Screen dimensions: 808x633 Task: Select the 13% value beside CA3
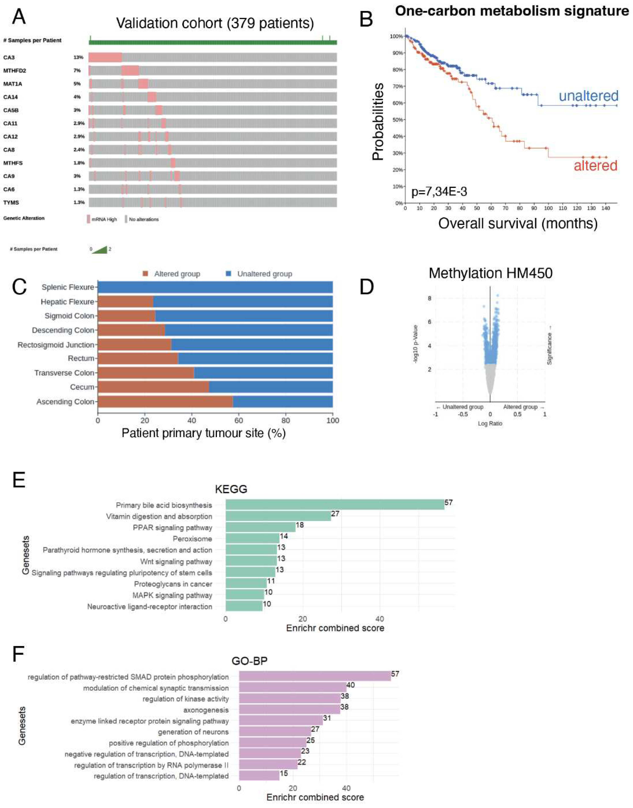78,57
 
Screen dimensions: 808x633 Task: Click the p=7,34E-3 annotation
439,192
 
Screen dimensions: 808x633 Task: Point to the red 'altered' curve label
595,165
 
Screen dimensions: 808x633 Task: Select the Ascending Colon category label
65,402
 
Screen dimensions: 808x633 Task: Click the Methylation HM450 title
490,273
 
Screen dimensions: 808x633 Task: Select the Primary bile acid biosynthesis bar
335,505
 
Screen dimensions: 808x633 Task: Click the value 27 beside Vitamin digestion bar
335,514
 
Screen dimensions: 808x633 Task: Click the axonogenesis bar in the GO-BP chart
289,710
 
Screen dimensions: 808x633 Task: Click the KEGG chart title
231,489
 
